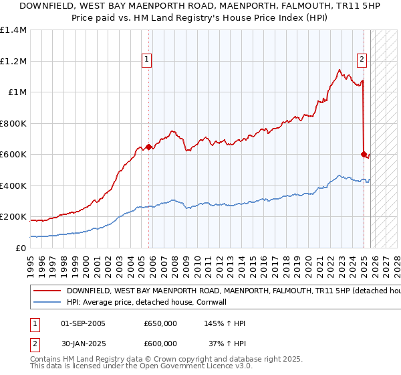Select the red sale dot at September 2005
point(148,147)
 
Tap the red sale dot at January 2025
point(364,155)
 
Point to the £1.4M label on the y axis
point(13,30)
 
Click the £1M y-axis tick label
point(16,92)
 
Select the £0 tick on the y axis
point(21,248)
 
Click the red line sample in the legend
point(47,291)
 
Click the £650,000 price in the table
point(160,323)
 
